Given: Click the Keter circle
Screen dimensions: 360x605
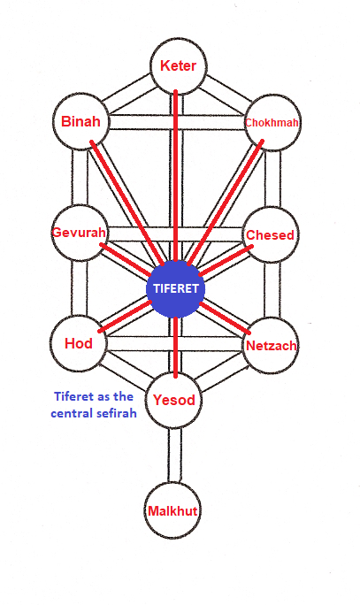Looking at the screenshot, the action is tap(179, 66).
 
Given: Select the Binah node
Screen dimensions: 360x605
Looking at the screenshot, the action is tap(81, 121).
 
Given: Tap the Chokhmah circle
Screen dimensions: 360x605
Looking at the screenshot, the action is tap(272, 123).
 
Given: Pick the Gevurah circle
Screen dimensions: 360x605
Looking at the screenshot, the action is tap(80, 233).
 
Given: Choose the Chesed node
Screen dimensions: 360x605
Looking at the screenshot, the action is tap(271, 234).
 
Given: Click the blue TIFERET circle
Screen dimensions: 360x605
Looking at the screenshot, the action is tap(175, 288).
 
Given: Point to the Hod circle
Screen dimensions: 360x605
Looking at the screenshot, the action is tap(79, 343).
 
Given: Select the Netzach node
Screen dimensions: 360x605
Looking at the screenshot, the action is tap(271, 345).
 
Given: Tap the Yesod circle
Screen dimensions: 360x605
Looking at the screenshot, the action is tap(174, 400).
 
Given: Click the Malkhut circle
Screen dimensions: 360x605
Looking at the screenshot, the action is tap(172, 511).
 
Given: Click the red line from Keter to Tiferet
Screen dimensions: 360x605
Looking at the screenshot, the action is tap(175, 175).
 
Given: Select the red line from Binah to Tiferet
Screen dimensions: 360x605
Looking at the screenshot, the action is tap(126, 203).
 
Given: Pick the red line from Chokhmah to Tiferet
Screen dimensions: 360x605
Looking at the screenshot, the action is tap(226, 203).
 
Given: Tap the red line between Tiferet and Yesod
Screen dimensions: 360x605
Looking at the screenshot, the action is tap(175, 348).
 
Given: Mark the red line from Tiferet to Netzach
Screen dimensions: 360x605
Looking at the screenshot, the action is tap(225, 318).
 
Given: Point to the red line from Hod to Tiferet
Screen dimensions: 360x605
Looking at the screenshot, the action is tap(125, 317).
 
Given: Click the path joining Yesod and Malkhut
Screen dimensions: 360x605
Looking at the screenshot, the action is tap(174, 456).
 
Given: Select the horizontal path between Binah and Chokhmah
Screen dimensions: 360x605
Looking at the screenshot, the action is tap(177, 122).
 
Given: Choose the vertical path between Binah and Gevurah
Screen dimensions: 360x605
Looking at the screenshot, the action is tap(80, 178).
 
